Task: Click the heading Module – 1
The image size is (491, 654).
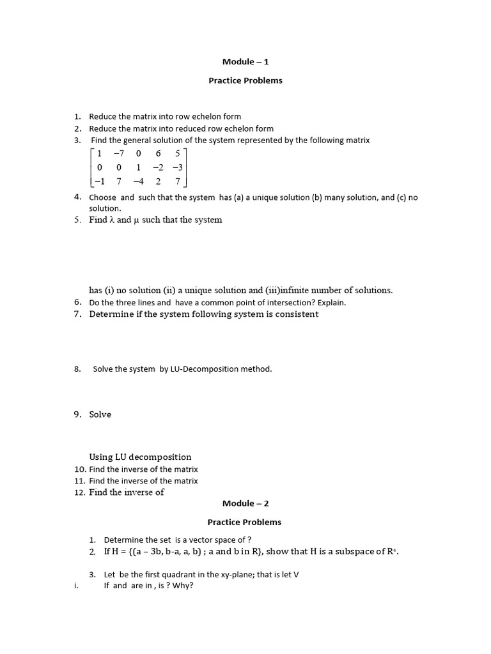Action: pyautogui.click(x=245, y=62)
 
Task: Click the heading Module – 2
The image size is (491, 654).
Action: pyautogui.click(x=245, y=503)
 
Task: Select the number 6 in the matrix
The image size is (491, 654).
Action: pyautogui.click(x=157, y=153)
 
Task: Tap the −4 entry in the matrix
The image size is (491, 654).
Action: pyautogui.click(x=137, y=181)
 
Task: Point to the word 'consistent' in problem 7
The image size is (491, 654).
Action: pyautogui.click(x=292, y=314)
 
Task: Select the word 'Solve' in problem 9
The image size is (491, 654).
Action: pyautogui.click(x=100, y=414)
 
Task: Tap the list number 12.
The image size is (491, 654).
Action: pyautogui.click(x=79, y=492)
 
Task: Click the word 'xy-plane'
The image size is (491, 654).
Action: pyautogui.click(x=242, y=575)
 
